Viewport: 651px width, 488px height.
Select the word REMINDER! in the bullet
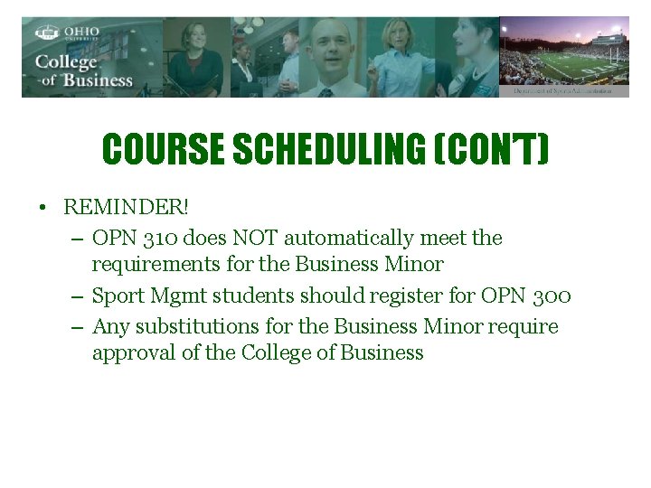coord(127,207)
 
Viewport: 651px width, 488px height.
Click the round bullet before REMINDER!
coord(42,208)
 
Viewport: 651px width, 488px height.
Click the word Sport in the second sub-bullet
coord(117,296)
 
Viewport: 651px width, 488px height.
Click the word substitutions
coord(193,326)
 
